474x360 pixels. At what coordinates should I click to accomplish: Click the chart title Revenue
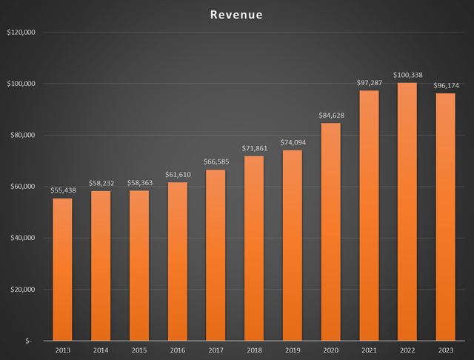236,15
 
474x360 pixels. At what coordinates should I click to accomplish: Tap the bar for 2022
407,211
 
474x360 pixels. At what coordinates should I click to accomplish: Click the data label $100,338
407,75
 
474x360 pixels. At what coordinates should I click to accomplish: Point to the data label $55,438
63,190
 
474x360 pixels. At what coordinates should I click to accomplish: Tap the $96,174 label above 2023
445,85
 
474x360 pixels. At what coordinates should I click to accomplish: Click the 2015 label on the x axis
139,350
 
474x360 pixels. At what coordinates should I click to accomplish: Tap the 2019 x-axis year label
292,350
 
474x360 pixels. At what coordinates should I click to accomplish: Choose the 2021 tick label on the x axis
368,350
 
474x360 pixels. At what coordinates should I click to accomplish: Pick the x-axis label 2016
178,350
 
